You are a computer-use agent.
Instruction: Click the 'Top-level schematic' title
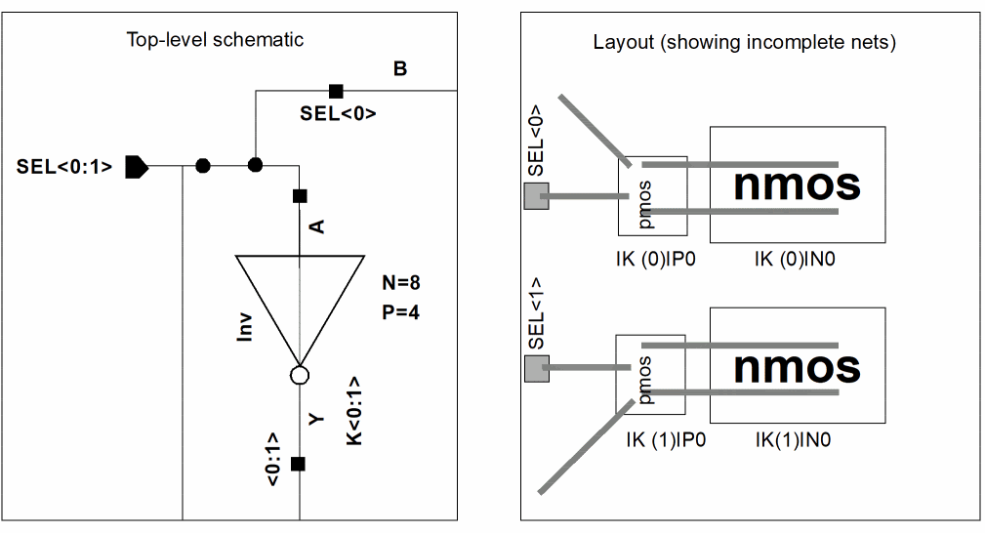(x=215, y=40)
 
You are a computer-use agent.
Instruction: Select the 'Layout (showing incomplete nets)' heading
(x=744, y=43)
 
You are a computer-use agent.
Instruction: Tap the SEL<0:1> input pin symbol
(x=137, y=166)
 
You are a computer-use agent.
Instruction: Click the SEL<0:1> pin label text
(x=64, y=167)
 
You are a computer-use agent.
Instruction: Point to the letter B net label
(x=400, y=68)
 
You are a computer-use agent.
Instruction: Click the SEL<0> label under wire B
(x=338, y=113)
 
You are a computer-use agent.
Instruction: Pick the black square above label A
(x=300, y=195)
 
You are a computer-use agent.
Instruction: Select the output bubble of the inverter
(x=300, y=375)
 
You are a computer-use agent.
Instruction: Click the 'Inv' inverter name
(x=246, y=325)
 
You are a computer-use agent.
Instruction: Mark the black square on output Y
(x=300, y=463)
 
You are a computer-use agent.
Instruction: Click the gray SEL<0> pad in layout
(x=536, y=197)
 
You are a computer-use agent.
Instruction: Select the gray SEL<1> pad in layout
(x=536, y=369)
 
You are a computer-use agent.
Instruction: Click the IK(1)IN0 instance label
(x=792, y=439)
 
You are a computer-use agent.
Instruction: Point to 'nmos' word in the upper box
(x=797, y=184)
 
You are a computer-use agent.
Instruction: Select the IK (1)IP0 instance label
(x=666, y=439)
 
